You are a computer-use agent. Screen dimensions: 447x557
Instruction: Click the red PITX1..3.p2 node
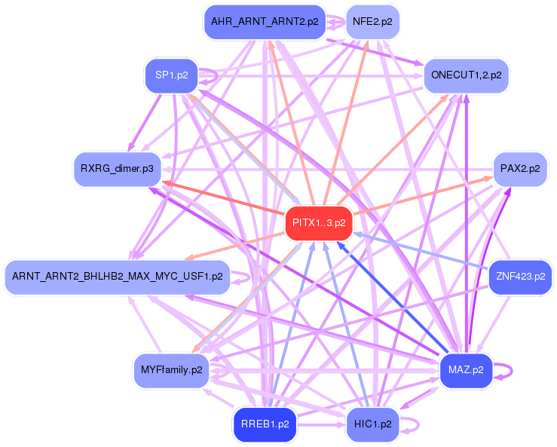[x=319, y=223]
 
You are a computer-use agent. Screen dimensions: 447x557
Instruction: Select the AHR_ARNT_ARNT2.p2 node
[x=263, y=21]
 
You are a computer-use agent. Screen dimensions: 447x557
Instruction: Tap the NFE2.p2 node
[x=372, y=21]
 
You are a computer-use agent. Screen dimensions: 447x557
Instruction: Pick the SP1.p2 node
[x=171, y=75]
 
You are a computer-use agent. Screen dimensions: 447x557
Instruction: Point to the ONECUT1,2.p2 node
[x=467, y=75]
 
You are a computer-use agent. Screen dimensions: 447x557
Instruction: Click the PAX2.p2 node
[x=519, y=168]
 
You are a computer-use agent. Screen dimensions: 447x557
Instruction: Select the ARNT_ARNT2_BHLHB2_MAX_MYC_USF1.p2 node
[x=116, y=277]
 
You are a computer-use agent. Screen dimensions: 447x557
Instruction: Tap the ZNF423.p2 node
[x=520, y=277]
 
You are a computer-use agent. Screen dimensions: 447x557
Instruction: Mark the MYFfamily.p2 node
[x=171, y=370]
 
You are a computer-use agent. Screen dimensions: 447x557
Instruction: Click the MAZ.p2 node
[x=465, y=370]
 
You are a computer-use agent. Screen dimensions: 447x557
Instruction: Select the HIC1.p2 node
[x=371, y=424]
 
